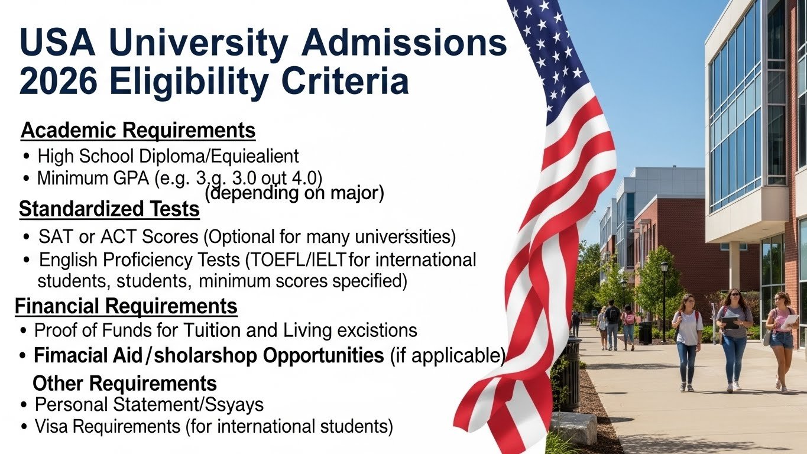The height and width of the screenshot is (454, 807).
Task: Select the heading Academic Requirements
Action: tap(138, 130)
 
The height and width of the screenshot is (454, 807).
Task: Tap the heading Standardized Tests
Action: tap(109, 209)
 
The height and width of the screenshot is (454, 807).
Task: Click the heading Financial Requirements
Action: tap(126, 306)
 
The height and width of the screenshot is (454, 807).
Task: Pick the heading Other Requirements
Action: tap(125, 383)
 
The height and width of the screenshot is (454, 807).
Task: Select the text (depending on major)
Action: tap(294, 193)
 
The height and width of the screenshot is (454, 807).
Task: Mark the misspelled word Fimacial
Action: tap(70, 355)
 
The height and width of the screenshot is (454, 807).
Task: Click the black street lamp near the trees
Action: tap(664, 301)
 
